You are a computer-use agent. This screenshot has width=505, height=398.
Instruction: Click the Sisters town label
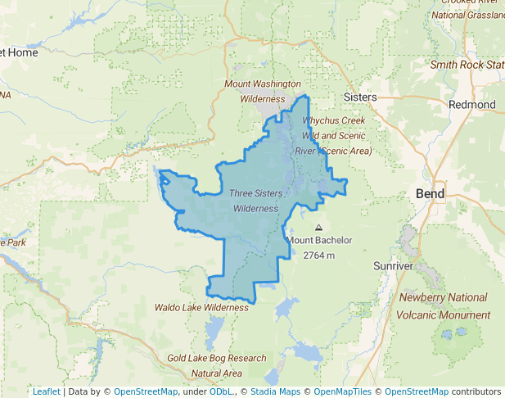360,97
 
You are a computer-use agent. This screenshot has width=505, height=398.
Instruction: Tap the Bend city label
430,194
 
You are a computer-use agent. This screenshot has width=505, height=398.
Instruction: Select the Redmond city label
472,105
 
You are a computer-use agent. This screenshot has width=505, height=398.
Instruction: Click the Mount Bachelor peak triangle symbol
318,228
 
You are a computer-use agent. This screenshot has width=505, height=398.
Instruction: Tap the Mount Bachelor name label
319,241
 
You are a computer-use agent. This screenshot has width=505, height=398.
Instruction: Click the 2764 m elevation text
319,256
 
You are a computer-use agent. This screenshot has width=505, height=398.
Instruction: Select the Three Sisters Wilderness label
256,201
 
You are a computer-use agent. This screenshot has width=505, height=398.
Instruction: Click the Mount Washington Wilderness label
263,91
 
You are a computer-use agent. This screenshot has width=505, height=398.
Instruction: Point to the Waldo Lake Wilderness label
201,307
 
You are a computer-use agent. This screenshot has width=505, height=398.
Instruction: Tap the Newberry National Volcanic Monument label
444,306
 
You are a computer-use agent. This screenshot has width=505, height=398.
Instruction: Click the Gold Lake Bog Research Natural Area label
217,365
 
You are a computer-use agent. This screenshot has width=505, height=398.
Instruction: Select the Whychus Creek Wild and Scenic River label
336,135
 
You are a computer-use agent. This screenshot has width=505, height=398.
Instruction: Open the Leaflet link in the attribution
46,391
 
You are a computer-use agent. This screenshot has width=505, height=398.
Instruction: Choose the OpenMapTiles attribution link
340,391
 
